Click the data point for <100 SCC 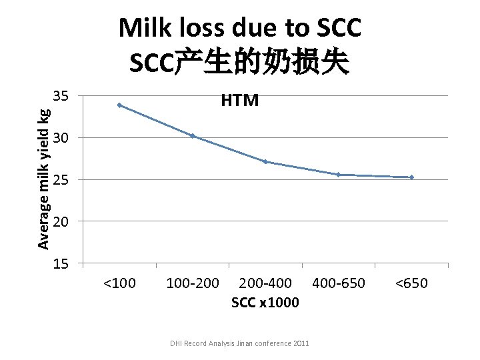click(119, 105)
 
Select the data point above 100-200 click(192, 135)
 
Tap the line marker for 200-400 click(265, 161)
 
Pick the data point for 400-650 click(339, 175)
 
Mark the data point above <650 click(412, 177)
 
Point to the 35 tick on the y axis click(61, 97)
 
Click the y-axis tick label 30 click(61, 138)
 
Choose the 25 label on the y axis click(61, 180)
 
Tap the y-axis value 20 click(61, 221)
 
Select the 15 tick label click(61, 264)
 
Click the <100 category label click(119, 283)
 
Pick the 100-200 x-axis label click(192, 283)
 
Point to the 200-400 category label click(265, 283)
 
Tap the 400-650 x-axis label click(339, 283)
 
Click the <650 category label click(411, 283)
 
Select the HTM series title click(240, 101)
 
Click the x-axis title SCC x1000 click(265, 303)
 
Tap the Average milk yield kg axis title click(43, 171)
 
